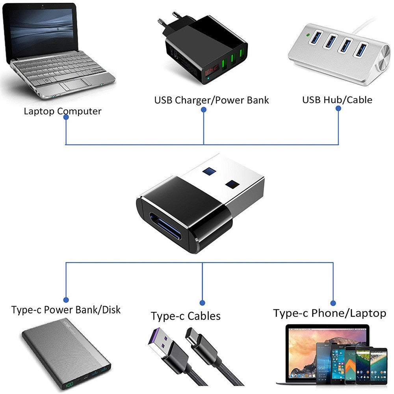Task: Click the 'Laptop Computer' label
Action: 62,111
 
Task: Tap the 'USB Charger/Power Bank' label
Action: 211,100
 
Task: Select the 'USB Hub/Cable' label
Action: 337,100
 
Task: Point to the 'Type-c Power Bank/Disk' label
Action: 66,310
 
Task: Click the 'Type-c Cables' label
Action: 186,316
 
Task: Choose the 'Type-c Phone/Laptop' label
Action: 329,313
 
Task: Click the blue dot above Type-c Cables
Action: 202,303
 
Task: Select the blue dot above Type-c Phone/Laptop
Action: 333,303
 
